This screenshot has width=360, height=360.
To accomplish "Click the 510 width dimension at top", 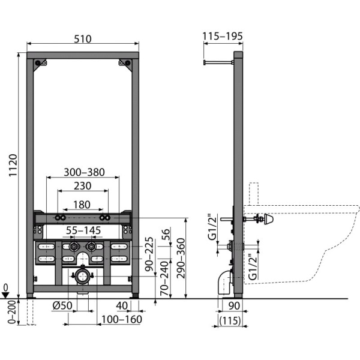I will tap(83, 39).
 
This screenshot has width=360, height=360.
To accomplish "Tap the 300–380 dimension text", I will tap(84, 172).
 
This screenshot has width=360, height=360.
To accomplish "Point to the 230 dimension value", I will tap(83, 187).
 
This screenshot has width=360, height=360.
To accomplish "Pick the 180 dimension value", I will tap(83, 204).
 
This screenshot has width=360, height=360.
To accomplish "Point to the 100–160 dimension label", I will tap(122, 319).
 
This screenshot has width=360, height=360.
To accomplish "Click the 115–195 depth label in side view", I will tap(223, 37).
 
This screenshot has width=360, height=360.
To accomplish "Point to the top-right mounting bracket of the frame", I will tap(125, 63).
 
